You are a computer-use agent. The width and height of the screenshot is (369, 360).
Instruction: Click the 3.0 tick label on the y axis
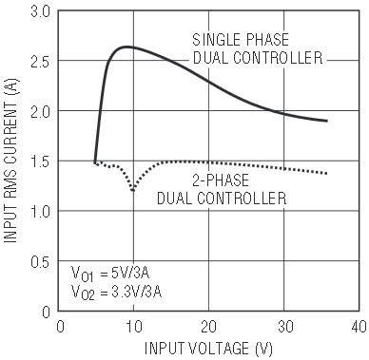tap(40, 12)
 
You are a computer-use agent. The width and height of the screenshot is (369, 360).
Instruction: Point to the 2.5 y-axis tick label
tap(40, 62)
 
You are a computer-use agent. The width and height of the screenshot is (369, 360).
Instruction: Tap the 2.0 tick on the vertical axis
tap(40, 112)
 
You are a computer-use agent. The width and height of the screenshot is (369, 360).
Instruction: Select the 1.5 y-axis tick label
tap(40, 161)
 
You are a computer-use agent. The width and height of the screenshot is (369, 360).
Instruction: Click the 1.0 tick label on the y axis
tap(40, 212)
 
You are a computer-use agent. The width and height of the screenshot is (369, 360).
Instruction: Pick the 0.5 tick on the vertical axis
tap(40, 261)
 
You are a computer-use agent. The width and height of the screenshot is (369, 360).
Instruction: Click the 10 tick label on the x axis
tap(134, 327)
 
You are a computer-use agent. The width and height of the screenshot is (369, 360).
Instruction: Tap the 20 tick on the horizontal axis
tap(208, 327)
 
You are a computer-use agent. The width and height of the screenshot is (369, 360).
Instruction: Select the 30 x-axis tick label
tap(284, 327)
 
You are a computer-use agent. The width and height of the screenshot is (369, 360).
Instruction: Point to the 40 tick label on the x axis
tap(359, 327)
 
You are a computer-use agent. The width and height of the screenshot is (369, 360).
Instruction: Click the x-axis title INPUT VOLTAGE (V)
tap(208, 349)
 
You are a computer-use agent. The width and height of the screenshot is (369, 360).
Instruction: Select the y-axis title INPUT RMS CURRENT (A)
tap(10, 161)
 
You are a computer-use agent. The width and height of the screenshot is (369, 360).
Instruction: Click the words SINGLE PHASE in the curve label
tap(241, 40)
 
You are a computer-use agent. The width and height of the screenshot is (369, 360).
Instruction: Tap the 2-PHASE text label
tap(221, 180)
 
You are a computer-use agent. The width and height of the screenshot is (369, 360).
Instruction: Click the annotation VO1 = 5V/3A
tap(110, 274)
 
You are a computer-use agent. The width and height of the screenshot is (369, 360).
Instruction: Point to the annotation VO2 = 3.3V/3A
tap(116, 293)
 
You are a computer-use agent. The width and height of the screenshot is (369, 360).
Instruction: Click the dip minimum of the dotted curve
tap(133, 190)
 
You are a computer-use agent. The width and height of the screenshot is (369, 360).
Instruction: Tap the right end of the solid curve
tap(327, 121)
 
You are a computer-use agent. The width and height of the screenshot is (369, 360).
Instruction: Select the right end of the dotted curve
tap(326, 173)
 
